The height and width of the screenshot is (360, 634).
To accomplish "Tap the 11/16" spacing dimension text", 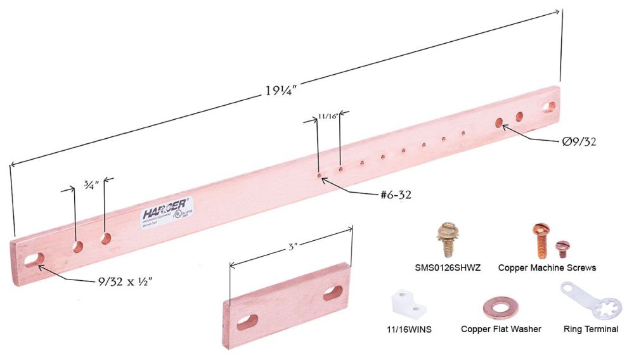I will click(x=328, y=117).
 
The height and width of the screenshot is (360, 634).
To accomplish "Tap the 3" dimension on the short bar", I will click(x=292, y=243).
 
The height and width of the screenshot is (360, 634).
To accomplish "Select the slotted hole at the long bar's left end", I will click(x=35, y=259).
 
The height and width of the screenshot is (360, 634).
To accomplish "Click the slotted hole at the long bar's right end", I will click(x=549, y=106).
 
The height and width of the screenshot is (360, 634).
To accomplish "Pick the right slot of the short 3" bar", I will click(x=333, y=293).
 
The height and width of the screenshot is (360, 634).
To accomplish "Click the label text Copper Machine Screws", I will click(x=547, y=268).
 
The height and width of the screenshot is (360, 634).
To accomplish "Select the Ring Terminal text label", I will click(x=590, y=330).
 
